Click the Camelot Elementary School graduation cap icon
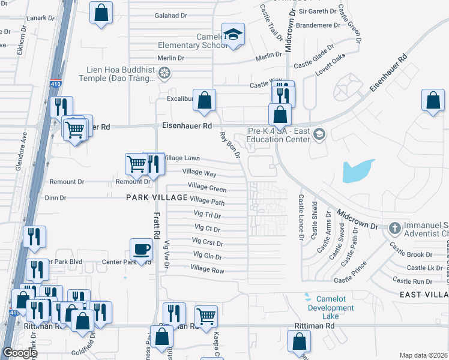click(232, 34)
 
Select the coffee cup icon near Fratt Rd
click(141, 249)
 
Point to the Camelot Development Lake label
click(327, 308)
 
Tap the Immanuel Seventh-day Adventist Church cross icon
click(394, 228)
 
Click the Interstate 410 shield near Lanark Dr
click(55, 84)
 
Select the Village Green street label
click(207, 187)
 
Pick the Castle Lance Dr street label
click(301, 215)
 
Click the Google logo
click(19, 353)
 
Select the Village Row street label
click(207, 271)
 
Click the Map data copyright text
click(423, 355)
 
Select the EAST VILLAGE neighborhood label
click(424, 294)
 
